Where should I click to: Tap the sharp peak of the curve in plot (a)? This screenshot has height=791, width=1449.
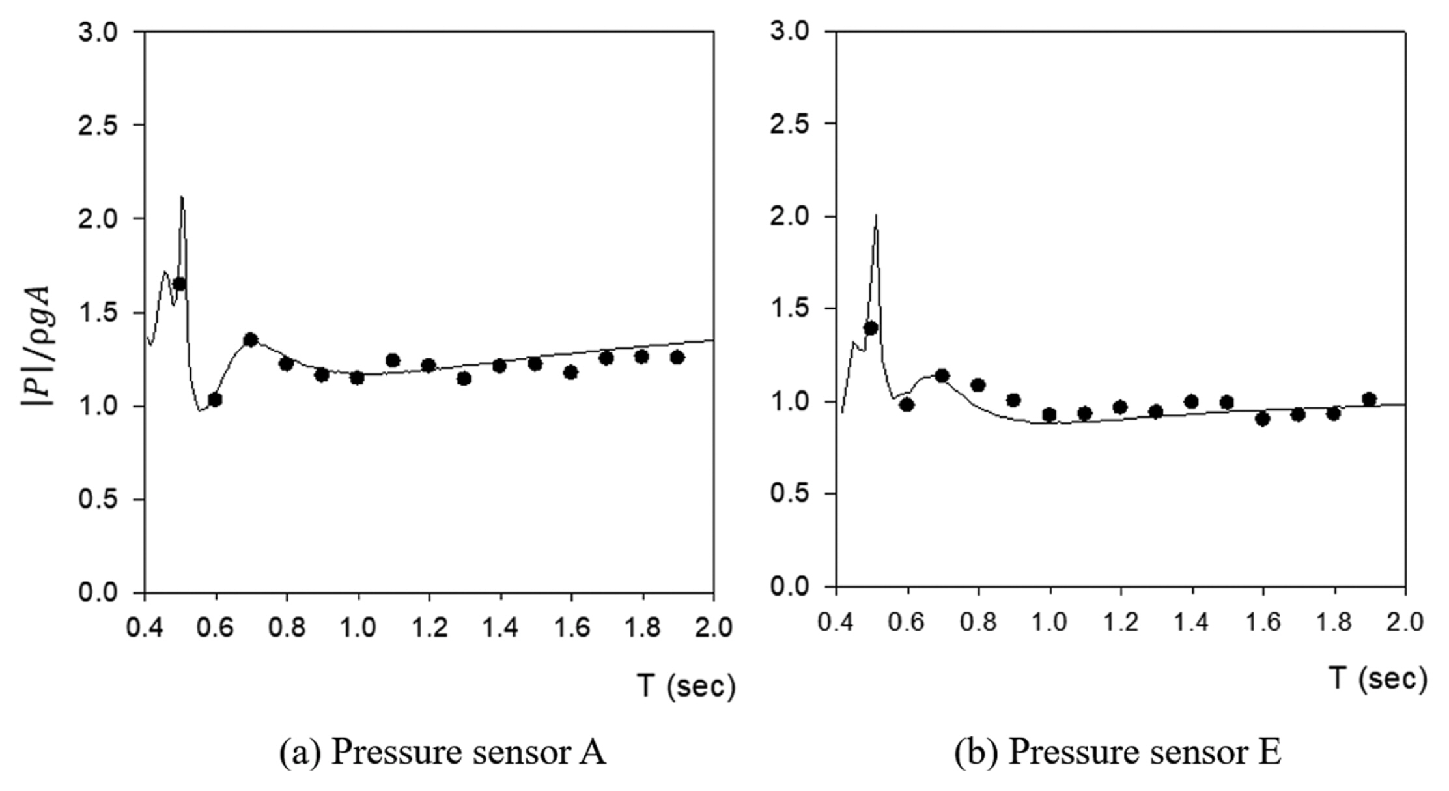click(x=182, y=197)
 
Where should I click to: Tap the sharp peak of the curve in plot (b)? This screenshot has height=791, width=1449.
click(x=876, y=216)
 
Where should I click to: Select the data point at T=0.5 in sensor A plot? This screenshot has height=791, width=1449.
click(x=179, y=283)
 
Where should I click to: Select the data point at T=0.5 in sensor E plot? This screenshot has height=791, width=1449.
click(x=871, y=328)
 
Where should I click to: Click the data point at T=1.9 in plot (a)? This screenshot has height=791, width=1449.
click(x=677, y=357)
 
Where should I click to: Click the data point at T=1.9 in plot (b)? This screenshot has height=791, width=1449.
click(x=1369, y=399)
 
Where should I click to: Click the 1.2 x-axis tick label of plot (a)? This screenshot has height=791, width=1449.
click(x=429, y=627)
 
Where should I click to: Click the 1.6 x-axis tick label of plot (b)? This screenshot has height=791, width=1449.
click(x=1262, y=622)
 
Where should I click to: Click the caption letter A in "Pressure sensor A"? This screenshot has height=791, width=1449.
click(x=593, y=753)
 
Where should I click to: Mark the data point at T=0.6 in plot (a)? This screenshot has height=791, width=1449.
click(x=215, y=399)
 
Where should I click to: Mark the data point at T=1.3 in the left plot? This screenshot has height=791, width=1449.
click(x=464, y=378)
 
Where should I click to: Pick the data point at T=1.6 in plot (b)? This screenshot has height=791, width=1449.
click(x=1262, y=419)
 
